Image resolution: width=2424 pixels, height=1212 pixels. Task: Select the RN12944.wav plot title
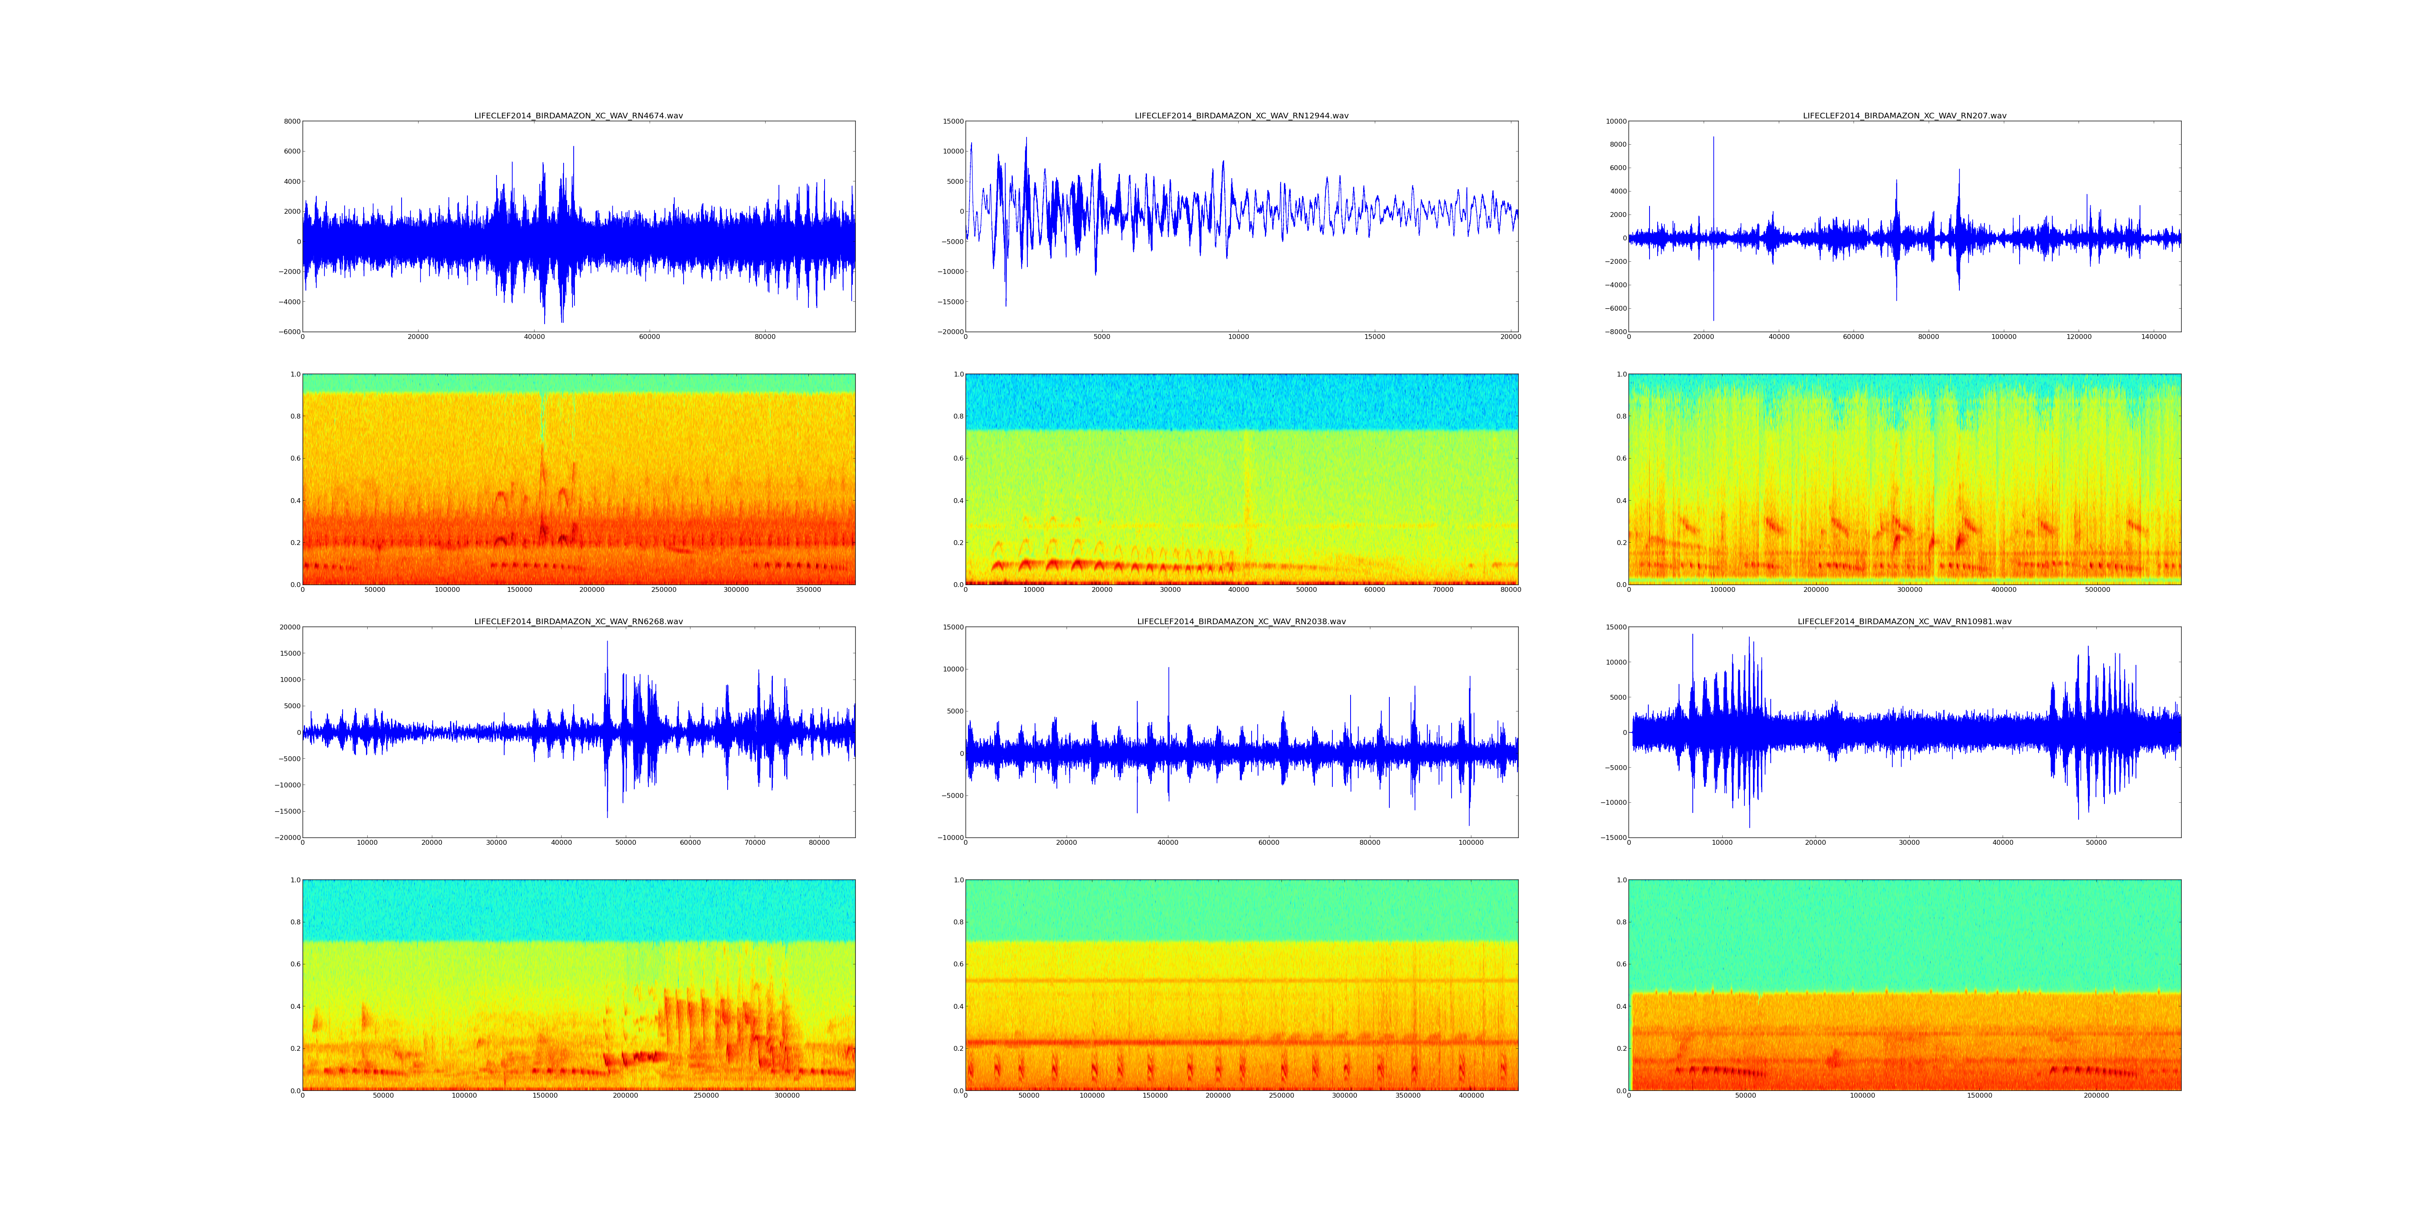click(x=1241, y=116)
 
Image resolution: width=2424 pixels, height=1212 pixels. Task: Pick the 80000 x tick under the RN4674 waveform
click(x=765, y=337)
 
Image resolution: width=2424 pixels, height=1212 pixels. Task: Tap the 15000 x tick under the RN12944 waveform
click(x=1375, y=337)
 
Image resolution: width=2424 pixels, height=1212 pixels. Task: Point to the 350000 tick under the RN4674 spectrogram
click(x=808, y=590)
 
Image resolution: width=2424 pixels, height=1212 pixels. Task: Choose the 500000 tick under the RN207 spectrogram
click(x=2098, y=590)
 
